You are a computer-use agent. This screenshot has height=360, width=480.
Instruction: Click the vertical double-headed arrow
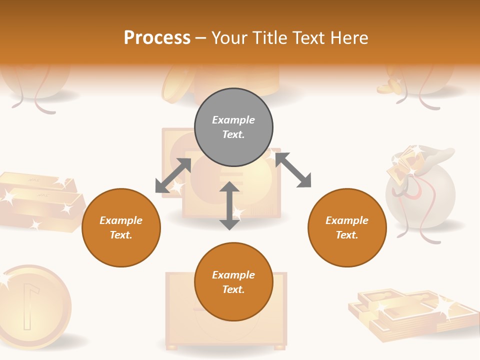(x=229, y=205)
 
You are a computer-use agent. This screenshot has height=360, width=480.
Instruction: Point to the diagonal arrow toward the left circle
(x=173, y=175)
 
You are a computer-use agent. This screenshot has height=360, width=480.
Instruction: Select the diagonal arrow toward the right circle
(x=293, y=170)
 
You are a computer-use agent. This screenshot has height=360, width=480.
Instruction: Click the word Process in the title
(x=157, y=37)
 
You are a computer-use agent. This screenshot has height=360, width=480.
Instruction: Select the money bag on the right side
(x=420, y=192)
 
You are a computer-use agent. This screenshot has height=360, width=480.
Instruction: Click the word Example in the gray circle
(x=233, y=120)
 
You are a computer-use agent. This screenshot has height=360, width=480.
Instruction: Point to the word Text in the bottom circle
(x=233, y=289)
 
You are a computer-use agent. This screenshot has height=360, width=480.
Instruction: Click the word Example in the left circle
(x=121, y=220)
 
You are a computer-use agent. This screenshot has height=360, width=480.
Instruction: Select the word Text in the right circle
(x=347, y=235)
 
